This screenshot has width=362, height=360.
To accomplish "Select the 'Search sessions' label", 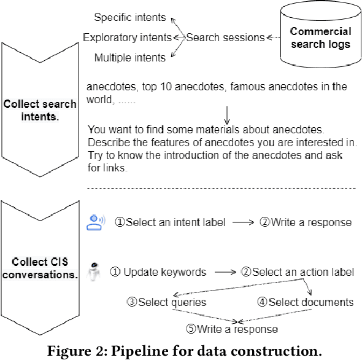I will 225,38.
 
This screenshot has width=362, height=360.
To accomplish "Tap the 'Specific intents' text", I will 131,17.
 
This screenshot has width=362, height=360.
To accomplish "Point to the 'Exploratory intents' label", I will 128,38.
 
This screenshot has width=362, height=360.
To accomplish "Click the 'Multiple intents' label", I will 129,58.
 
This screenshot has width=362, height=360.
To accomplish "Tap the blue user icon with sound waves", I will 96,222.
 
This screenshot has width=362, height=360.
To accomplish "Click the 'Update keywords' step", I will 158,272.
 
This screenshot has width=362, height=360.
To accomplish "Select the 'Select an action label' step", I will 297,272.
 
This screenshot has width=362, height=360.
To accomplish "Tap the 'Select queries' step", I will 166,302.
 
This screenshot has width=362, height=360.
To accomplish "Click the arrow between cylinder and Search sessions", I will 272,38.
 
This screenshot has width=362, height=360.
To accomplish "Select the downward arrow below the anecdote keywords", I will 227,113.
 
